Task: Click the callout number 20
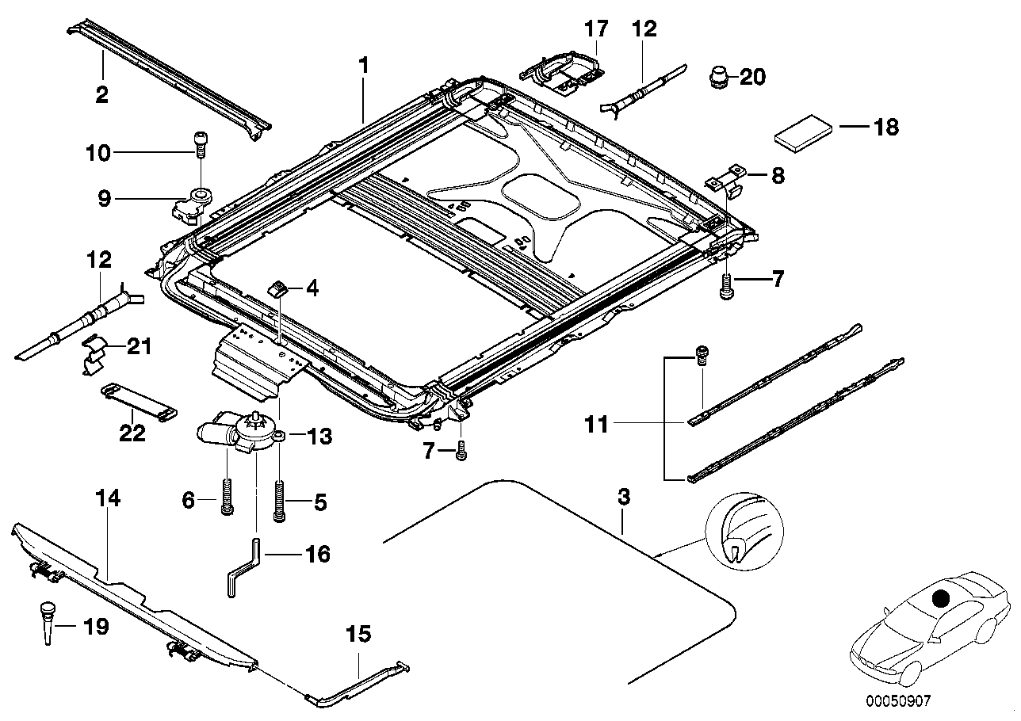coord(753,77)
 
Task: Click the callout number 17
coord(596,30)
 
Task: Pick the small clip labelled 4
coord(280,288)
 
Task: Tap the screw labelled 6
coord(228,497)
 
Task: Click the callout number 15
coord(358,635)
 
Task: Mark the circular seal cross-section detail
coord(746,531)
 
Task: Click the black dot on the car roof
coord(940,599)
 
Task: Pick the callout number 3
coord(624,498)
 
